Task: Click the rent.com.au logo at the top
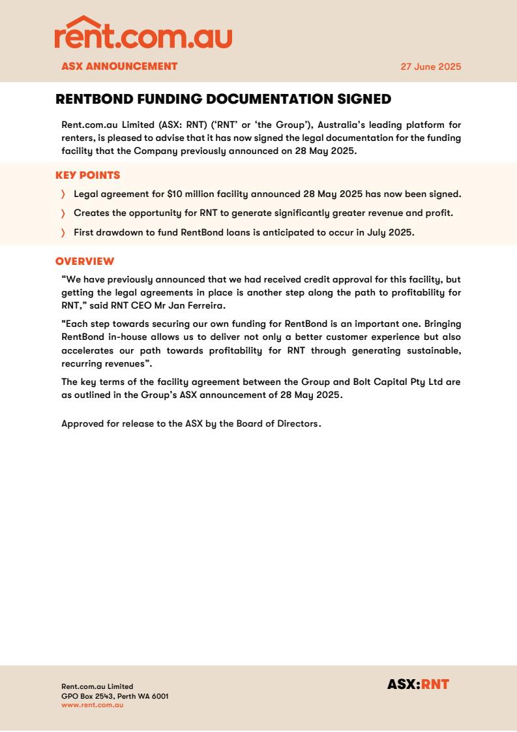143,34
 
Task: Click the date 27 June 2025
431,67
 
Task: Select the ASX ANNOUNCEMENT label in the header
119,66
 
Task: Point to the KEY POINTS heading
87,175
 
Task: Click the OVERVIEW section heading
85,262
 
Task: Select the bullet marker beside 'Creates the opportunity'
63,213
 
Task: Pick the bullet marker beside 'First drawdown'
63,233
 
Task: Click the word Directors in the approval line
297,423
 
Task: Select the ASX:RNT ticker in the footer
418,684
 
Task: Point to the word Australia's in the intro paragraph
345,125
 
